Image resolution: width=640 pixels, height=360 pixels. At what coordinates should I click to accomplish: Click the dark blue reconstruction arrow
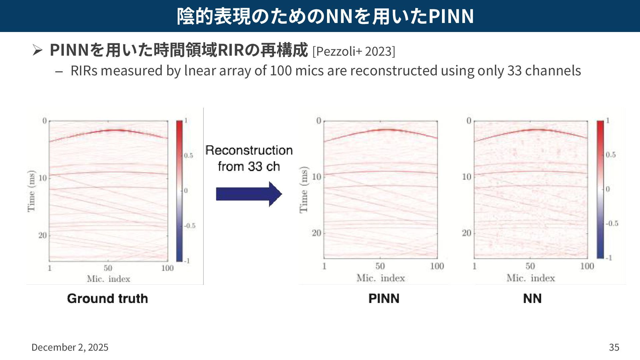pos(248,194)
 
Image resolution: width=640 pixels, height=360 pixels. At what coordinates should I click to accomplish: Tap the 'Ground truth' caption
pos(107,298)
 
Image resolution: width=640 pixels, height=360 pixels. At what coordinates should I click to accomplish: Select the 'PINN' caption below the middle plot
pos(384,298)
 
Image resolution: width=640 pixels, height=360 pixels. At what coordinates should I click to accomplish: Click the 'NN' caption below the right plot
pos(532,298)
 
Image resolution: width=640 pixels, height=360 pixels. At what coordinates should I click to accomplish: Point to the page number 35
pos(614,347)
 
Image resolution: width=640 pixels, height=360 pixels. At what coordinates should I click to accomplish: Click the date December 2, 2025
pos(70,347)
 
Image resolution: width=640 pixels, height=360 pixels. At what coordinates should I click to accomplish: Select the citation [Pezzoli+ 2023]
pos(354,51)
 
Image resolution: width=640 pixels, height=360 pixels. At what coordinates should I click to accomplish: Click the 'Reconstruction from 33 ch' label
pos(249,158)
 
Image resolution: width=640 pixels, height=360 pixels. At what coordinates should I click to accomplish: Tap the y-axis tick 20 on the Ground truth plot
pos(42,235)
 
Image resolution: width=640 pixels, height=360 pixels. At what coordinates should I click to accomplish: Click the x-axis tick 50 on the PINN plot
pos(380,266)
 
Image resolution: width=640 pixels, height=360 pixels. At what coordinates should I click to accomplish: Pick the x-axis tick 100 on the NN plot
pos(587,266)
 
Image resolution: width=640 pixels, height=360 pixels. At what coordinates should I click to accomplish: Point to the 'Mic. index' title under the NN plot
pos(531,278)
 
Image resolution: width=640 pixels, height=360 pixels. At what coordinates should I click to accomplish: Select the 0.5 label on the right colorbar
pos(611,155)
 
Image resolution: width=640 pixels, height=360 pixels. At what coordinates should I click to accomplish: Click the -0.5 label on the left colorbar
pos(190,226)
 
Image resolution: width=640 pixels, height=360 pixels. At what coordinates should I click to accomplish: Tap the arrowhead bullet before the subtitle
pos(37,50)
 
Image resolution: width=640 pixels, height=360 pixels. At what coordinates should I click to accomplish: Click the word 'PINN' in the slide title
pos(451,16)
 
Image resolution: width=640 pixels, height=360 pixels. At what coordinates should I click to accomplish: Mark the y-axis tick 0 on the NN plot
pos(469,120)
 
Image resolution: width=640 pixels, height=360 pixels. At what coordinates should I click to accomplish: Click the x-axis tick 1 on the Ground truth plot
pos(50,268)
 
